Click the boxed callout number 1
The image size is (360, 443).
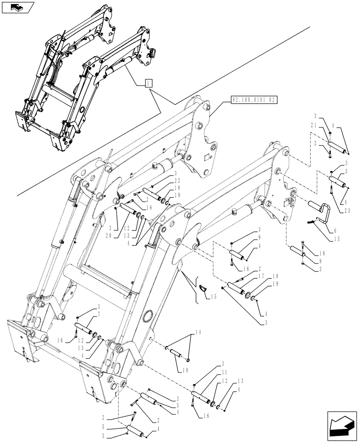coord(149,83)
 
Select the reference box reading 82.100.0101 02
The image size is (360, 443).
coord(253,101)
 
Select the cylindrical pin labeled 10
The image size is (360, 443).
coord(176,354)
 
